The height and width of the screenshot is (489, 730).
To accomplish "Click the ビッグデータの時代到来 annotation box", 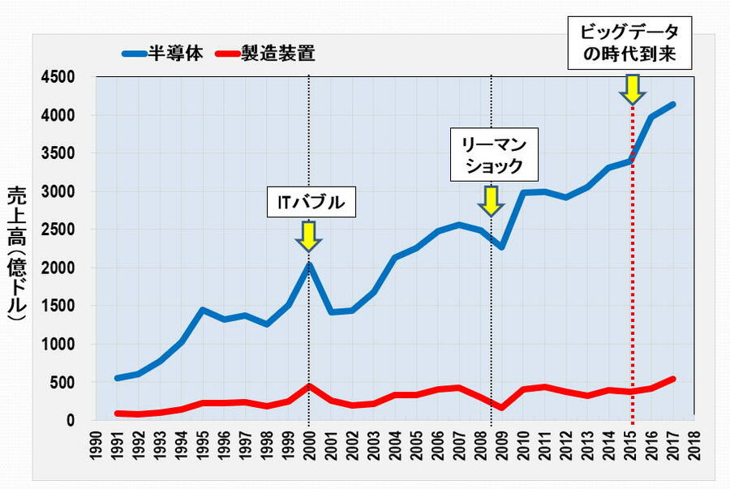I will point(629,44).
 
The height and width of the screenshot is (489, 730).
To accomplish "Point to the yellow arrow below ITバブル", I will point(308,235).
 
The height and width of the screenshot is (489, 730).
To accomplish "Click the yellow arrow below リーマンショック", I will point(490,200).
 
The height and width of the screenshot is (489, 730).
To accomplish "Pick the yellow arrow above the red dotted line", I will point(632,88).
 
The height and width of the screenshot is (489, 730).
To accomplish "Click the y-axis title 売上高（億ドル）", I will point(18,255).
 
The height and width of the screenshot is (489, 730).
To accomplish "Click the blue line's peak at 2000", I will point(309,265).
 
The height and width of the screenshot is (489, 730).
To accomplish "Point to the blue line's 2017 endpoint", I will point(673,105).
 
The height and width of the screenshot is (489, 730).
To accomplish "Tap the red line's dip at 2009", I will point(502,408).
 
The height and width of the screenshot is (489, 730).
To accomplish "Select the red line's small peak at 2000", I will point(309,386).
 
